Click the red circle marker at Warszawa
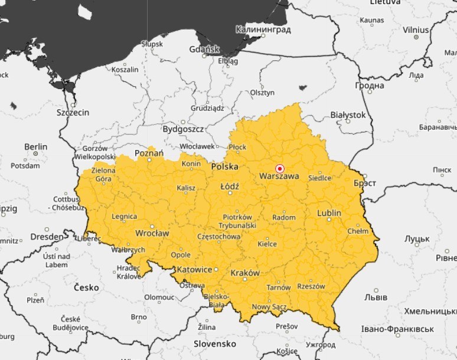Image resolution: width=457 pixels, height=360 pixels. coord(280,168)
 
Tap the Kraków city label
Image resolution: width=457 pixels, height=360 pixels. coord(246,273)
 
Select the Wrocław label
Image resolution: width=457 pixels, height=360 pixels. coord(152,233)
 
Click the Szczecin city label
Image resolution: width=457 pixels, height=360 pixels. coord(73,112)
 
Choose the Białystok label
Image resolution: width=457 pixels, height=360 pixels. coord(348,114)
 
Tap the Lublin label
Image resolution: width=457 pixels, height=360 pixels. coord(329,213)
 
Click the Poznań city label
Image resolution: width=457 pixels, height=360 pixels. coord(149,153)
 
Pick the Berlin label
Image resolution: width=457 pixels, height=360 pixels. coord(35,146)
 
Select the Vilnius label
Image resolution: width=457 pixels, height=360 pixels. coord(416,29)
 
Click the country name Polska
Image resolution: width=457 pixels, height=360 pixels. coord(225,167)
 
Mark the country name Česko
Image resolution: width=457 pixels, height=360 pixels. coord(86,287)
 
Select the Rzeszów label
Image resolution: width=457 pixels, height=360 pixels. coord(311,286)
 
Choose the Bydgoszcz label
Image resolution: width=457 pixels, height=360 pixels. coord(183,129)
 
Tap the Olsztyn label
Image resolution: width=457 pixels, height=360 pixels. coord(262,93)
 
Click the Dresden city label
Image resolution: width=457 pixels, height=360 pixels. coord(47,237)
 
